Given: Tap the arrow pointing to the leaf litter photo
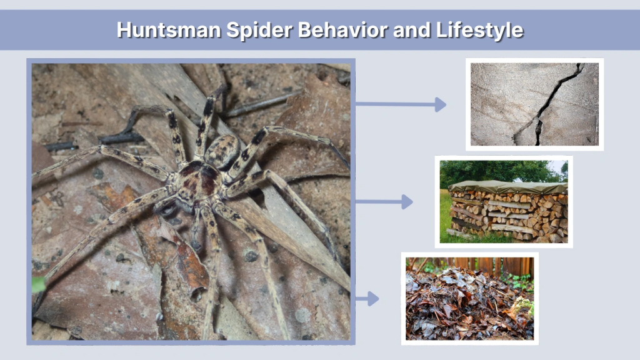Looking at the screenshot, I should point(367,299).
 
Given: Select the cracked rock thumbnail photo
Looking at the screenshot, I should point(534,104).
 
